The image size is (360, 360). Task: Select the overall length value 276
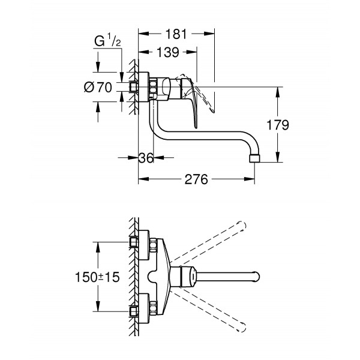(196, 179)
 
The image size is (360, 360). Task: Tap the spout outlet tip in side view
(253, 158)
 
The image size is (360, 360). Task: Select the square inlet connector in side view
(134, 87)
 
